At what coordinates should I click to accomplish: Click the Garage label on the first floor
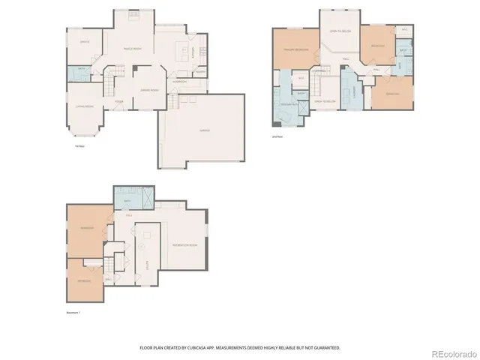click(x=204, y=130)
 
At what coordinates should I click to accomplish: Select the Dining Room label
click(x=150, y=90)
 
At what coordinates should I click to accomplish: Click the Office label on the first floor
click(x=85, y=42)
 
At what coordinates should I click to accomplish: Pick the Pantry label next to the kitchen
click(x=200, y=71)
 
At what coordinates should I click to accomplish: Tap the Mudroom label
click(x=180, y=81)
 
